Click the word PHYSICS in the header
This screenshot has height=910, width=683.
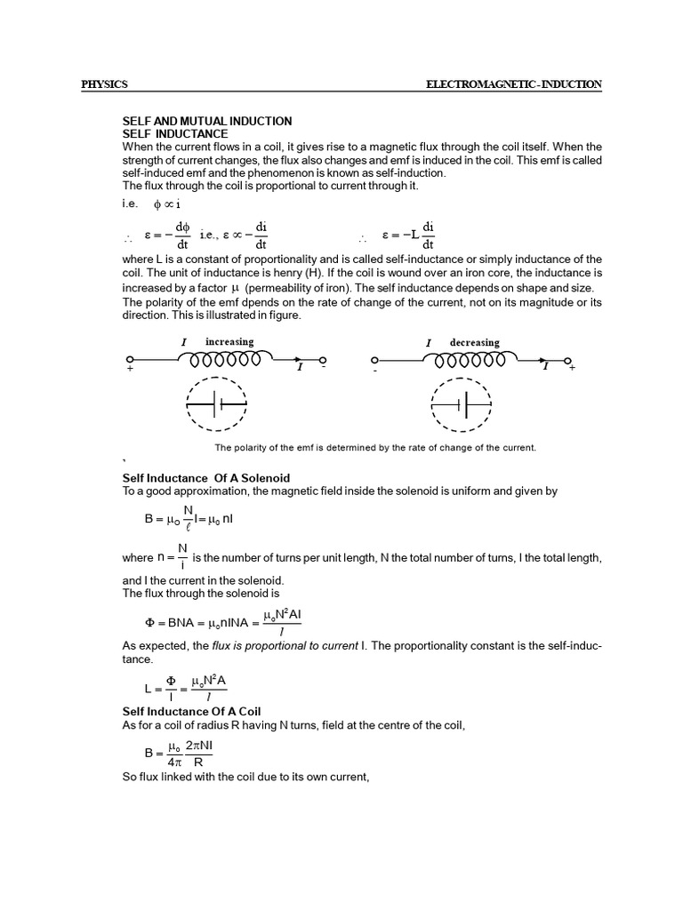(104, 84)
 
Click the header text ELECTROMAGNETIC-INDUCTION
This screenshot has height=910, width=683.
(515, 84)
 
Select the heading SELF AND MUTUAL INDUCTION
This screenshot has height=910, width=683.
(206, 121)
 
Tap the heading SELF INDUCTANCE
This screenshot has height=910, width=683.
(175, 133)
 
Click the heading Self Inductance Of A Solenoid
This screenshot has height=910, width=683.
(205, 478)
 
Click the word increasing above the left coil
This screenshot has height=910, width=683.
(229, 342)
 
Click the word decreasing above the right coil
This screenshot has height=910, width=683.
(474, 342)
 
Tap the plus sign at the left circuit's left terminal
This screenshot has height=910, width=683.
(130, 368)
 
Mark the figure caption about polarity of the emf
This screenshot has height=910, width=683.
(375, 447)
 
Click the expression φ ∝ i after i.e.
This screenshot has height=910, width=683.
(167, 204)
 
